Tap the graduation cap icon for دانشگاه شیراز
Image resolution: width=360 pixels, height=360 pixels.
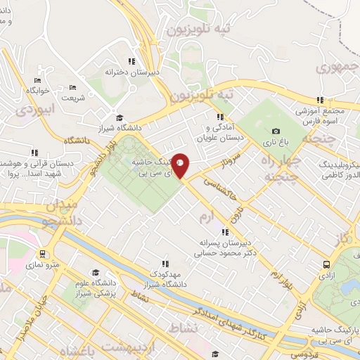point(120,117)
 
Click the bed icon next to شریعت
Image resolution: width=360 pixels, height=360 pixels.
point(73,88)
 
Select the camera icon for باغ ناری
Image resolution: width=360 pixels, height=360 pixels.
point(276,131)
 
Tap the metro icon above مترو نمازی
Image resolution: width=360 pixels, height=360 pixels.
point(44,254)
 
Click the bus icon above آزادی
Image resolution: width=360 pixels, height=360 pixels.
point(326,264)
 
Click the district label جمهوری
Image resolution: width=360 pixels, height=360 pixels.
point(333,68)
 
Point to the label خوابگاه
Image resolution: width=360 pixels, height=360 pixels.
point(37,91)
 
